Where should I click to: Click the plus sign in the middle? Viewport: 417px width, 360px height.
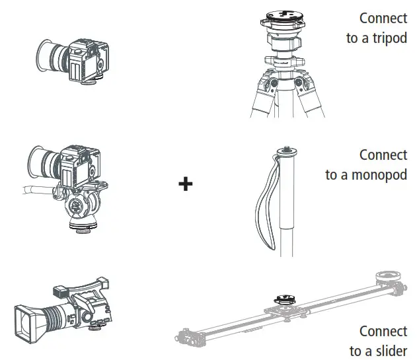[186, 184]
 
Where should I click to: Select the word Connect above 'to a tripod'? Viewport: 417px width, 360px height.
[383, 18]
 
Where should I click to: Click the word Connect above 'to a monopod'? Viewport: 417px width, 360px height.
[383, 155]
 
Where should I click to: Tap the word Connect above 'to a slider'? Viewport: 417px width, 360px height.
[383, 330]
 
